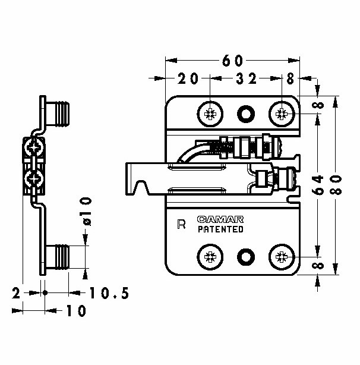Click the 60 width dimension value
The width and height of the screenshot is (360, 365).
click(x=232, y=61)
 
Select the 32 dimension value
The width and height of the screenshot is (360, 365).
click(x=247, y=78)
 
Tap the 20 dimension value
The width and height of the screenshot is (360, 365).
click(x=188, y=78)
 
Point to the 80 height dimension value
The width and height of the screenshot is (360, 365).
click(x=336, y=185)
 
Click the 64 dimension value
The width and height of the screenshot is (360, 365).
click(x=317, y=185)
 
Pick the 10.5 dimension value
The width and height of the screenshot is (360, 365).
click(x=109, y=293)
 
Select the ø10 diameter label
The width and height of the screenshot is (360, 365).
click(x=86, y=212)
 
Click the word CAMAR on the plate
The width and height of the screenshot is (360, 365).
click(x=220, y=219)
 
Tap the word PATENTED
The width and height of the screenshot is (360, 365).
click(x=220, y=229)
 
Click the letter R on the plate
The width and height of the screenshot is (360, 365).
click(x=181, y=224)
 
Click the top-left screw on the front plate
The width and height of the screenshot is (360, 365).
click(x=210, y=114)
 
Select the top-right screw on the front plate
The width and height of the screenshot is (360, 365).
click(x=282, y=114)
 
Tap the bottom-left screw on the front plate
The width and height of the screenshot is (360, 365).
click(x=210, y=257)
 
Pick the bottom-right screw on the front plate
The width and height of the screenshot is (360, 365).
click(x=282, y=257)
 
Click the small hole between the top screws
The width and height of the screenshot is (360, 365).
click(x=246, y=114)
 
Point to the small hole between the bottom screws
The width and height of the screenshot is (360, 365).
click(x=246, y=257)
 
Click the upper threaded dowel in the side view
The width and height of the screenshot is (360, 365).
click(x=58, y=114)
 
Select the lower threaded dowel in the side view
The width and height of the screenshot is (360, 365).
click(x=58, y=257)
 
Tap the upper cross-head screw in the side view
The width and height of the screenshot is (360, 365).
click(x=34, y=147)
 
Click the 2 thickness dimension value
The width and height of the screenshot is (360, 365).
click(x=16, y=293)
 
